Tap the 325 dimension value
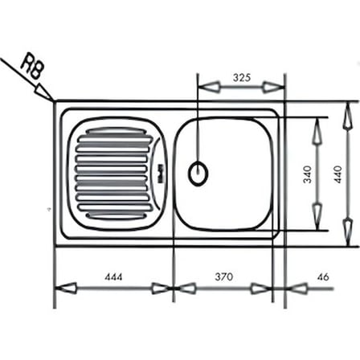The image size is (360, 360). (242, 77)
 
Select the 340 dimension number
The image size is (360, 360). (308, 174)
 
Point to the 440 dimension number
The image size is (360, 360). (338, 174)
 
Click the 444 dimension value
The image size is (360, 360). (113, 276)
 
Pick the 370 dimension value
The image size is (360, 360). (224, 276)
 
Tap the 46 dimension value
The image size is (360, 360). (324, 276)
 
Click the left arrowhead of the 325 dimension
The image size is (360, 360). (209, 87)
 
